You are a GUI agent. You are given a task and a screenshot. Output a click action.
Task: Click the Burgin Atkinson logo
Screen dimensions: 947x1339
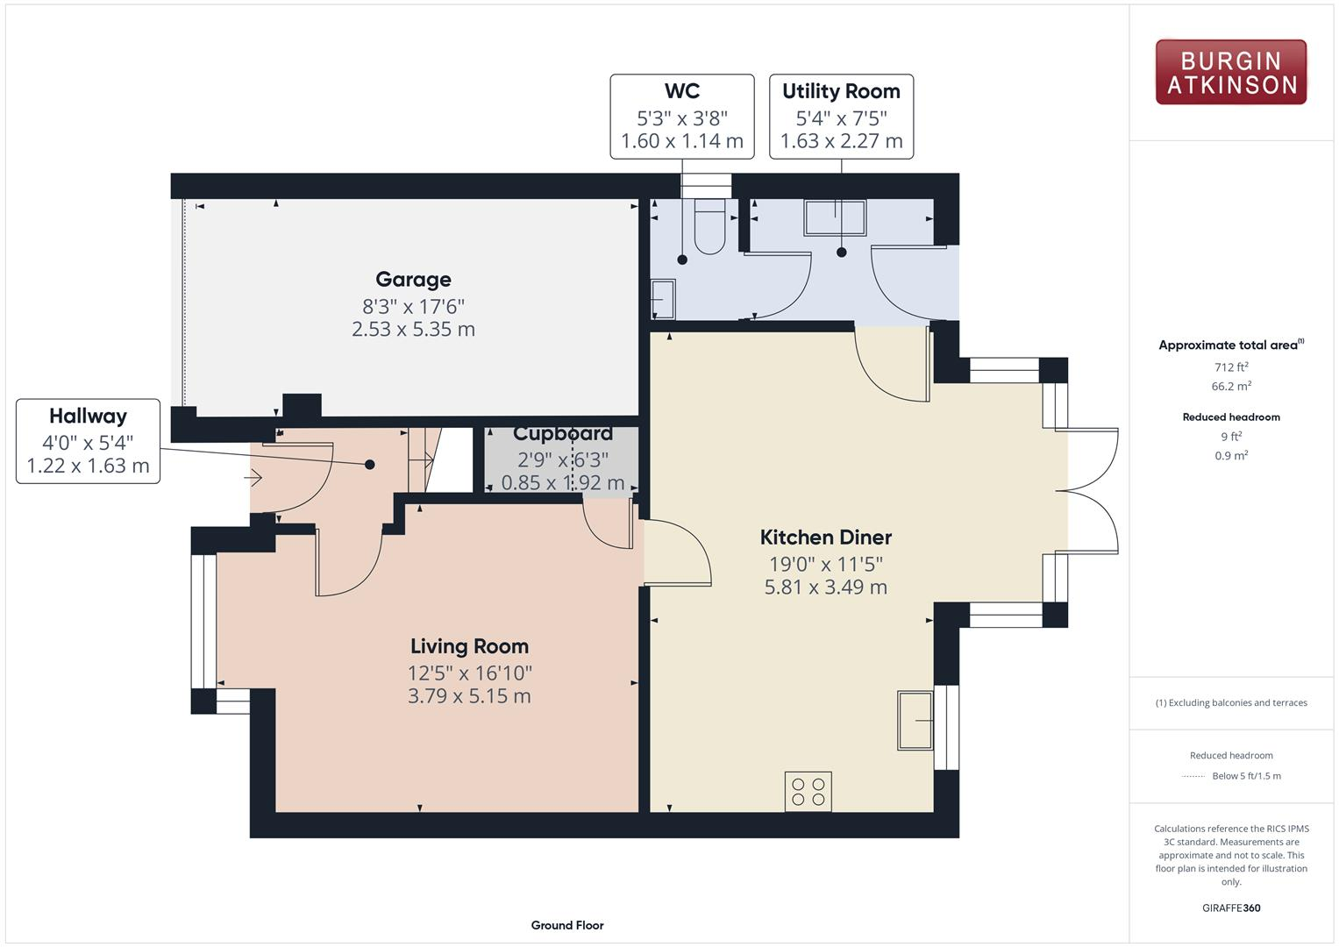tap(1230, 72)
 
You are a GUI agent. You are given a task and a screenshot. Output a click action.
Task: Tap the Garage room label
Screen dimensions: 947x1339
tap(413, 280)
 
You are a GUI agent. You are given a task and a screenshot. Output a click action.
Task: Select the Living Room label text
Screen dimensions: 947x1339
tap(469, 646)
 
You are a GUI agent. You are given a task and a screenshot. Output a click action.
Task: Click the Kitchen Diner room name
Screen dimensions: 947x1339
tap(825, 538)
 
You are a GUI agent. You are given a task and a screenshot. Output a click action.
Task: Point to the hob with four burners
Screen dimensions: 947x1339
tap(808, 791)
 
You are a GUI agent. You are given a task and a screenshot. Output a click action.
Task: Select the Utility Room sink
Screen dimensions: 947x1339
tap(835, 218)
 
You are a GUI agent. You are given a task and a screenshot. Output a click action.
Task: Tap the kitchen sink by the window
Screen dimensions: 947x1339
tap(915, 720)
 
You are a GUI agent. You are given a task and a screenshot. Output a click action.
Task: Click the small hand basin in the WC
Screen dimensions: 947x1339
tap(663, 299)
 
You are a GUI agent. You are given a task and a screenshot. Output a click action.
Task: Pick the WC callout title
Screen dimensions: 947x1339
tap(682, 91)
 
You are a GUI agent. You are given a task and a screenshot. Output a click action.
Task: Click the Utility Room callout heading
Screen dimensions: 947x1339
tap(841, 91)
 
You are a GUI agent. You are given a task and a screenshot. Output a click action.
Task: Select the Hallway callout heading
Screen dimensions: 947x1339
tap(88, 417)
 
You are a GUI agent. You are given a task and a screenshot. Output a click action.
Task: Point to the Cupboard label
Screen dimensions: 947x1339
tap(562, 434)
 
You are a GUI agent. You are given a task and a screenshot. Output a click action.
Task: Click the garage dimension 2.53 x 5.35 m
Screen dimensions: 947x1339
tap(413, 330)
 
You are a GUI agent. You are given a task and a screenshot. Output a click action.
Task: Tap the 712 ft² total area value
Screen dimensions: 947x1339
tap(1231, 367)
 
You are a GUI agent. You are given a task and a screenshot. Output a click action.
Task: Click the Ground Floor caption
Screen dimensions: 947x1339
tap(567, 925)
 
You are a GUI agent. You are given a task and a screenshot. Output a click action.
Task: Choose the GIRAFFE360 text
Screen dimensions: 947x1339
tap(1231, 908)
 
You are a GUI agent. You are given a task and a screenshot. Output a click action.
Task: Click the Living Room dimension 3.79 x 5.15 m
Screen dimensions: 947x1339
tap(469, 696)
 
